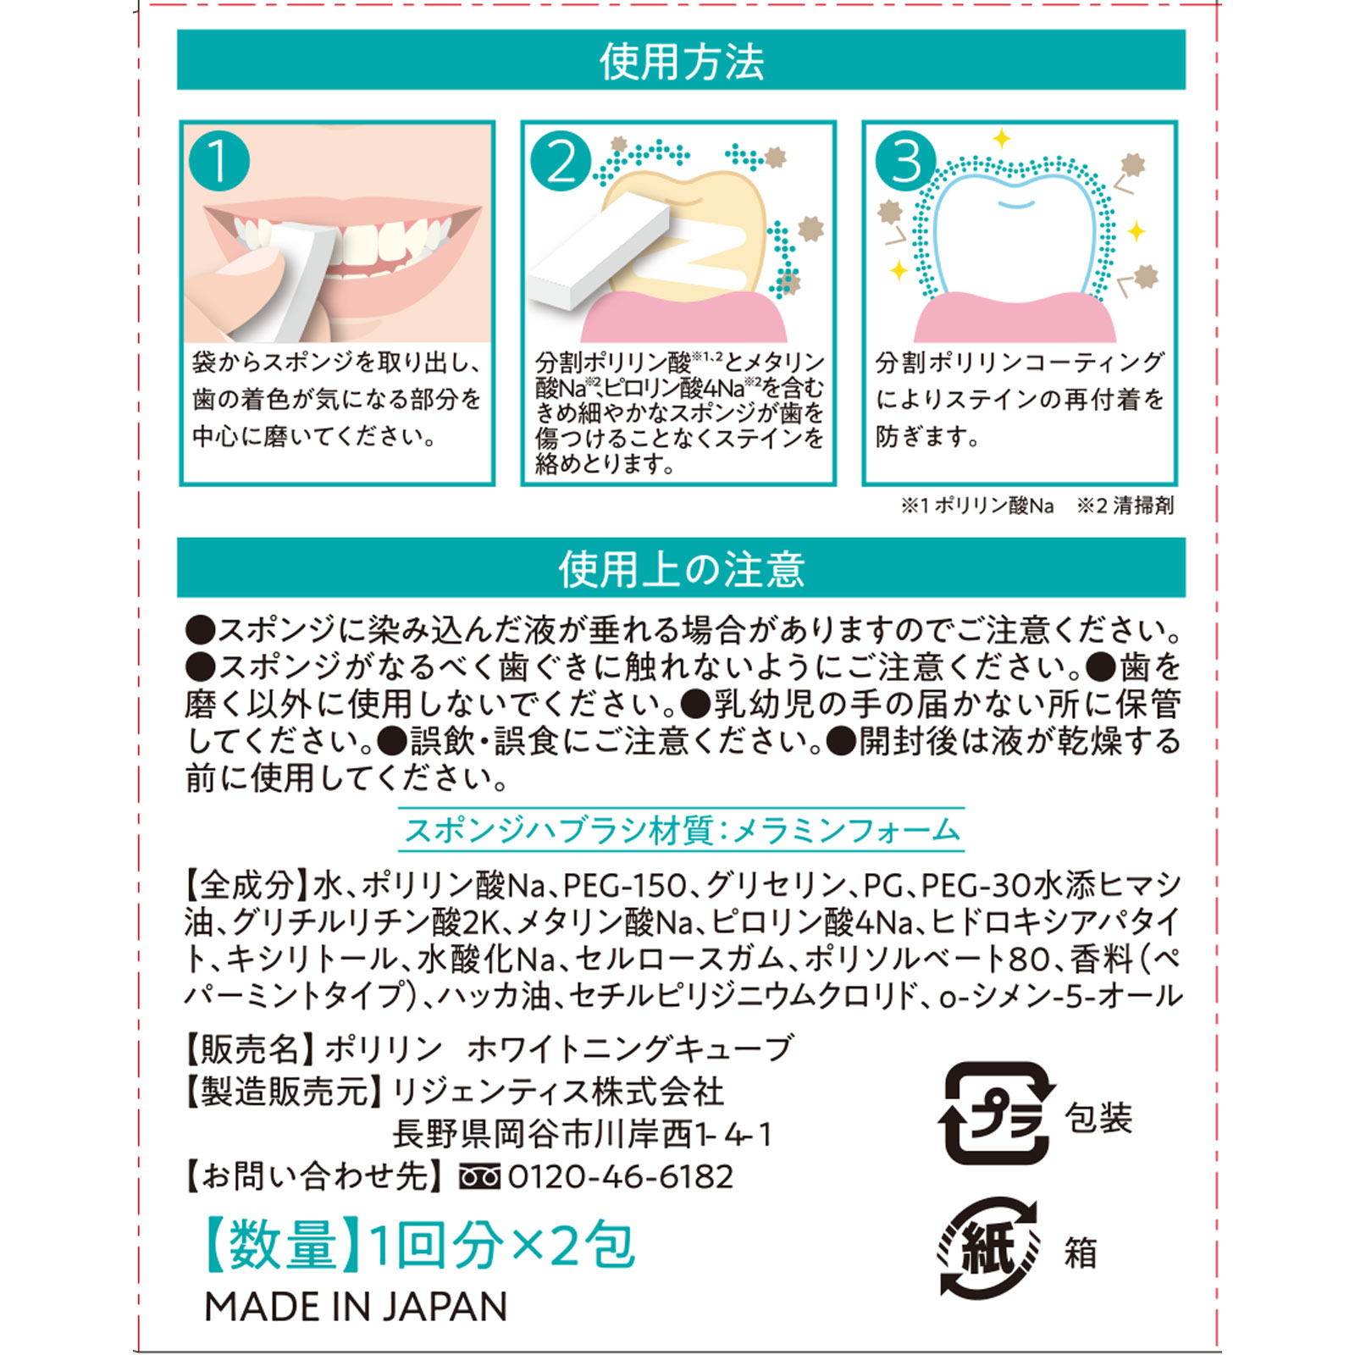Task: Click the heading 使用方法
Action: click(x=681, y=61)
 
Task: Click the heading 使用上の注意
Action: click(x=681, y=568)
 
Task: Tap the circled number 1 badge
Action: click(x=219, y=161)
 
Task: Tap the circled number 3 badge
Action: click(x=905, y=161)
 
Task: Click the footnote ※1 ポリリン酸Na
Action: click(x=976, y=506)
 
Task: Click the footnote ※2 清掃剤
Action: click(x=1125, y=506)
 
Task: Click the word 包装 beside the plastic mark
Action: click(x=1098, y=1118)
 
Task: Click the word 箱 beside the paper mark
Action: click(x=1081, y=1253)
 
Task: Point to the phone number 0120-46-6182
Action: click(x=621, y=1176)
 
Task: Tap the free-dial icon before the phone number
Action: click(x=479, y=1177)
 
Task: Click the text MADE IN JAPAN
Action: click(x=356, y=1307)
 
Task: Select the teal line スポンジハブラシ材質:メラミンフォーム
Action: click(x=682, y=830)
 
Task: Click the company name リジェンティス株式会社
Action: click(x=559, y=1092)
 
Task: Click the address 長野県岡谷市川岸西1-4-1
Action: click(x=583, y=1134)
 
